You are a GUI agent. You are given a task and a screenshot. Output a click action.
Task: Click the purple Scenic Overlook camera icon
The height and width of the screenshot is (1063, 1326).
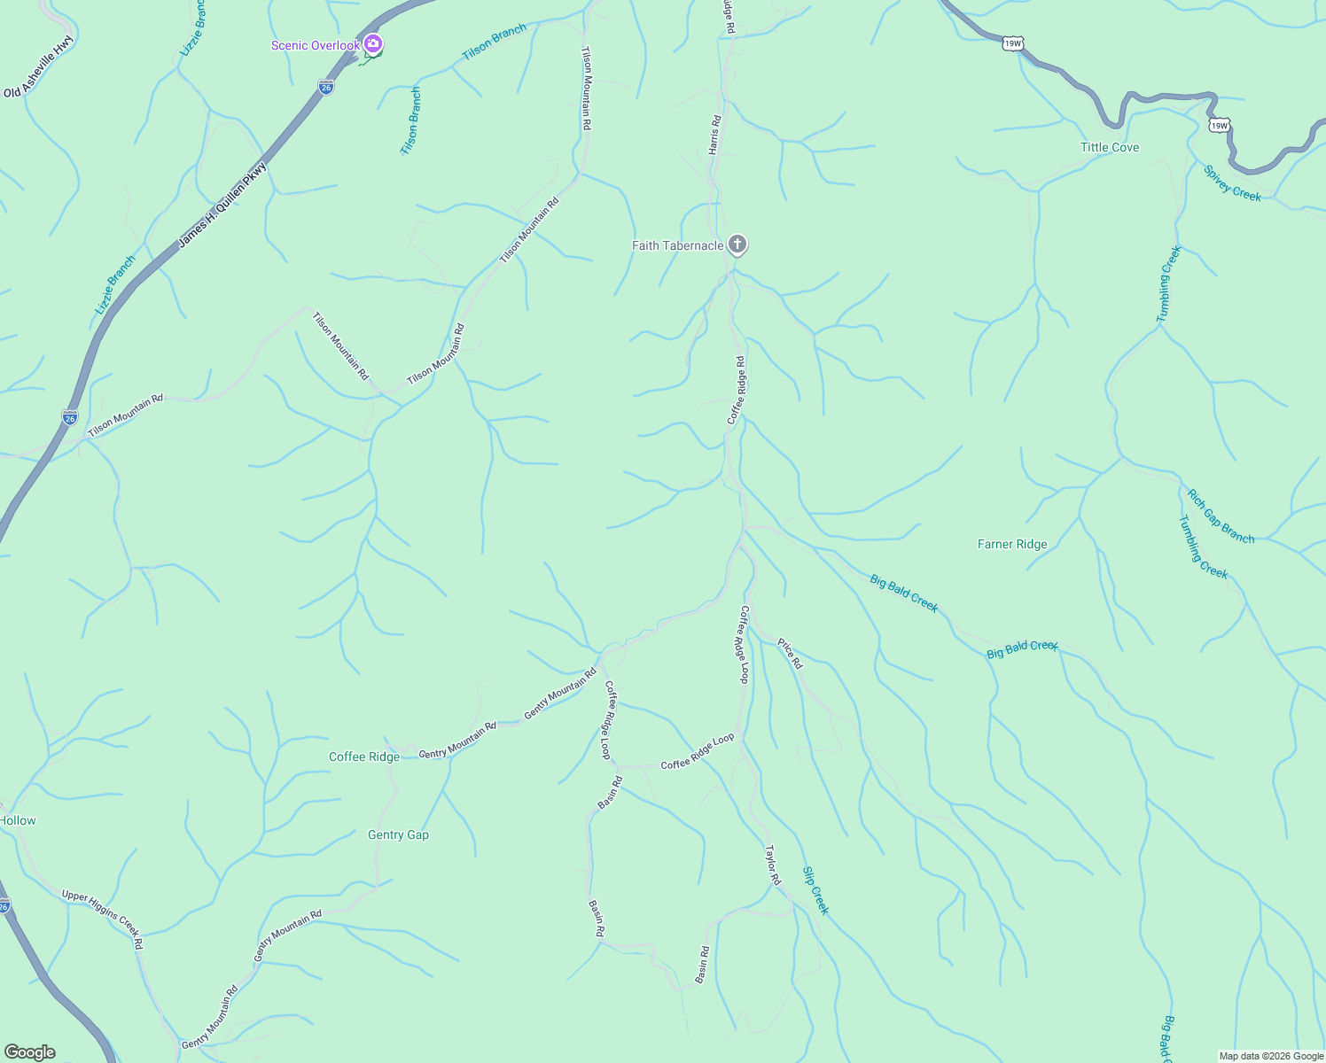pos(373,43)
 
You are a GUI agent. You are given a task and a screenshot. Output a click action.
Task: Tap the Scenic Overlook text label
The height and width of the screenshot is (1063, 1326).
pos(316,45)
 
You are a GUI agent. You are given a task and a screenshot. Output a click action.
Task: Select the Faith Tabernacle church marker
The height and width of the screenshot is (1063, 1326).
pos(737,244)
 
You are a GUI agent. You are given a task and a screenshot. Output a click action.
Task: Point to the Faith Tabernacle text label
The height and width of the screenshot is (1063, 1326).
pos(677,245)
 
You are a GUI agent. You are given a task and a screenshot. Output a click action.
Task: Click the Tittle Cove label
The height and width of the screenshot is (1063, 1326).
pos(1110,147)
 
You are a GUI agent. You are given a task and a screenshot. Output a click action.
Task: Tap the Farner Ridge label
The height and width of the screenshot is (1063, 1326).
pos(1012,544)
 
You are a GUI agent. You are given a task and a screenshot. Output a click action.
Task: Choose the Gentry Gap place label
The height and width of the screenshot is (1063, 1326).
pos(398,834)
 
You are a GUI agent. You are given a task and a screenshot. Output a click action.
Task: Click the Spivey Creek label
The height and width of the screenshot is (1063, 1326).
pos(1232,183)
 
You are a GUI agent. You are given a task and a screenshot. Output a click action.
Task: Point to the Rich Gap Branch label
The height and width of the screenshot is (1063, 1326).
pos(1221,516)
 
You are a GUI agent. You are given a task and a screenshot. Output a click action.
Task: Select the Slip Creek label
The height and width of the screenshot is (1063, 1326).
pos(815,890)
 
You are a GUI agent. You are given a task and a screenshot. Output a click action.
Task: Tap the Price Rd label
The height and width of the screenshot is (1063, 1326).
pos(790,654)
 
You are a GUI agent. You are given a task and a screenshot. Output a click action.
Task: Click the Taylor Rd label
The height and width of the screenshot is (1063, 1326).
pos(773,865)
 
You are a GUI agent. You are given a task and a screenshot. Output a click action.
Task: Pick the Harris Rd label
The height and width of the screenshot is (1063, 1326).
pos(714,135)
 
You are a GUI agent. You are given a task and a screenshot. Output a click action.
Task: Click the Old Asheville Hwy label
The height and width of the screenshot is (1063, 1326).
pos(40,66)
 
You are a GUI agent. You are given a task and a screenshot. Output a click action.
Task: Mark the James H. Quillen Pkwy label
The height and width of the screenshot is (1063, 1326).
pos(222,204)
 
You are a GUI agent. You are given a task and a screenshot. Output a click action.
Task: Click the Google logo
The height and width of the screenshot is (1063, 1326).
pos(29,1052)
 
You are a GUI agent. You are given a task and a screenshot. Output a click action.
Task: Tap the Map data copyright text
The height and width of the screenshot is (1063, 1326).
pos(1271,1056)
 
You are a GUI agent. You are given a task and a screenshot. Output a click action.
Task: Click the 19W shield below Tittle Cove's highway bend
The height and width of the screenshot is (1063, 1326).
pos(1219,126)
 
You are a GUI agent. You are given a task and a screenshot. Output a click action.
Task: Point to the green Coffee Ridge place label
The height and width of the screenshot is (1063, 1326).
pos(364,757)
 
